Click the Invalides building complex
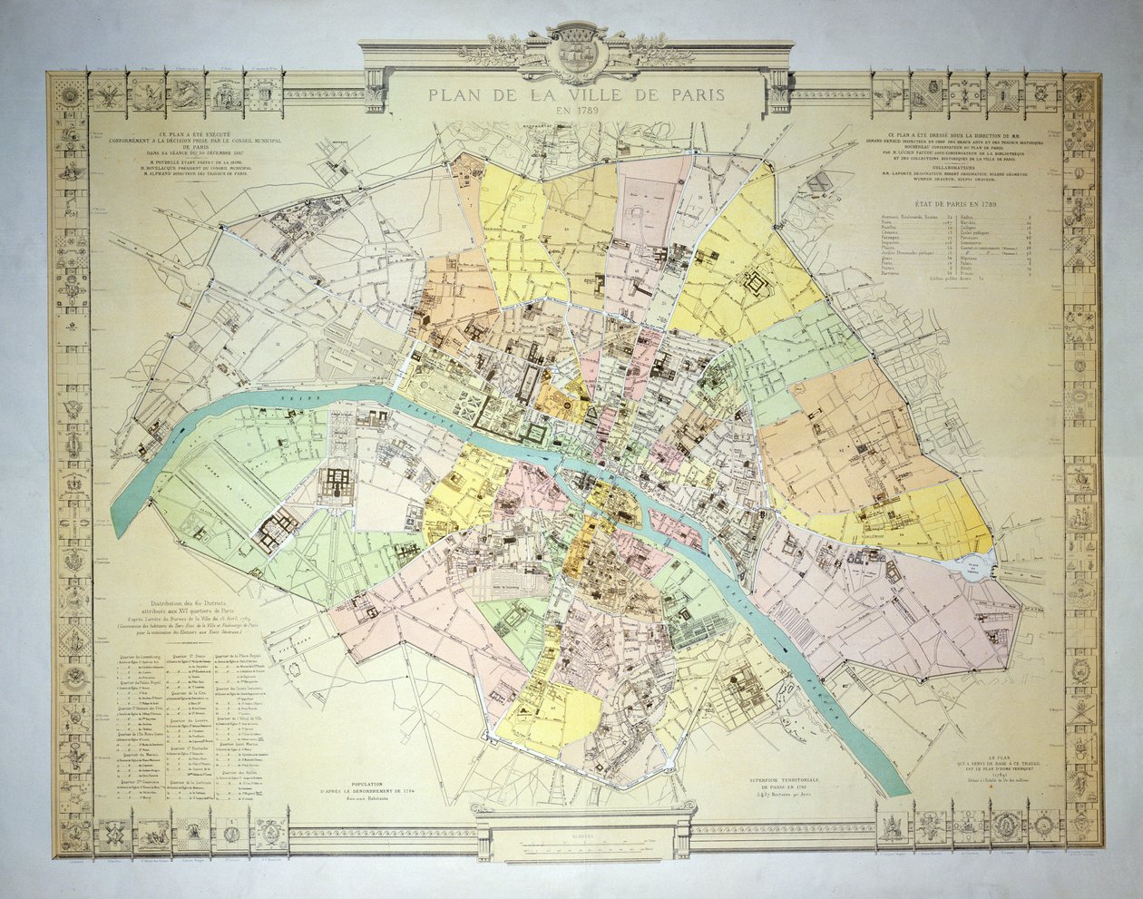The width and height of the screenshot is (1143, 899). click(337, 484)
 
